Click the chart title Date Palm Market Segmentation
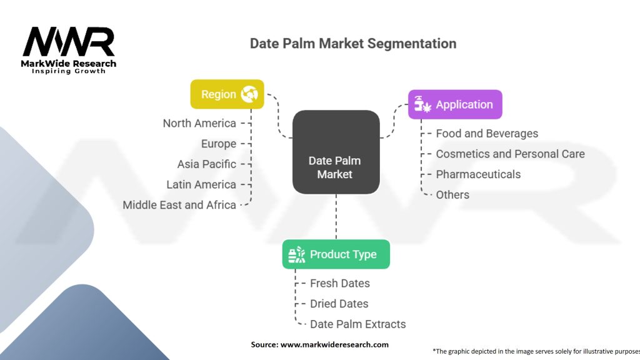pyautogui.click(x=353, y=44)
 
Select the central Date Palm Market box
pyautogui.click(x=336, y=152)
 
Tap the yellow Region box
pyautogui.click(x=227, y=94)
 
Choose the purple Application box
pyautogui.click(x=455, y=104)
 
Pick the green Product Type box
pyautogui.click(x=336, y=254)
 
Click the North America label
pyautogui.click(x=199, y=123)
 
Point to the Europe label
pyautogui.click(x=219, y=144)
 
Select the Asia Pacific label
pyautogui.click(x=207, y=164)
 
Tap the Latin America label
pyautogui.click(x=201, y=184)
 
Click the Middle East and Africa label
pyautogui.click(x=179, y=205)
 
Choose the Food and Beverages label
pyautogui.click(x=487, y=133)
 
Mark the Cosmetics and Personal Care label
pyautogui.click(x=510, y=154)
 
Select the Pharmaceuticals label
pyautogui.click(x=478, y=174)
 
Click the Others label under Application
pyautogui.click(x=452, y=195)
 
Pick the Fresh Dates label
pyautogui.click(x=340, y=283)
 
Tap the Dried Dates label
pyautogui.click(x=339, y=304)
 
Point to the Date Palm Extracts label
pyautogui.click(x=358, y=324)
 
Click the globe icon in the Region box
pyautogui.click(x=249, y=94)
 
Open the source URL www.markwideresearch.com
pyautogui.click(x=334, y=344)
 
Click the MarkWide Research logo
pyautogui.click(x=69, y=50)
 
